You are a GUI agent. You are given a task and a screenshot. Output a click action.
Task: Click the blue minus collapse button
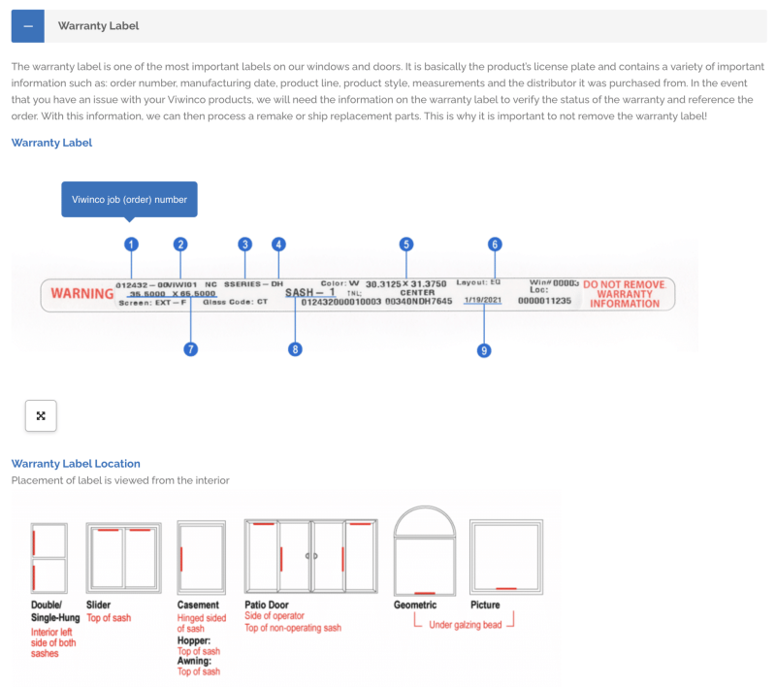coord(28,26)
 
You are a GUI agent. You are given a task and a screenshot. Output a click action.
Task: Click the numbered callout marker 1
coord(132,245)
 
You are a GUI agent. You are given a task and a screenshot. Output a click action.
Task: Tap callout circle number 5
coord(406,245)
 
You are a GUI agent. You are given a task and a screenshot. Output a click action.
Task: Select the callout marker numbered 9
coord(484,350)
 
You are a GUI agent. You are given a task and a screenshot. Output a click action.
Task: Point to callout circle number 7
coord(191,348)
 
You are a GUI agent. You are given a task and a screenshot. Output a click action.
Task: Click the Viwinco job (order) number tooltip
coord(129,200)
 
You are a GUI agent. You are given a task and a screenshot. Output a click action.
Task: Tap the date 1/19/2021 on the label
coord(482,301)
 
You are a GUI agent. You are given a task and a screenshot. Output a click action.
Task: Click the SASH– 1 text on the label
coord(309,291)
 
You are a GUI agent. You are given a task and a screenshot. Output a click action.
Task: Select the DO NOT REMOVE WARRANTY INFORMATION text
coord(624,294)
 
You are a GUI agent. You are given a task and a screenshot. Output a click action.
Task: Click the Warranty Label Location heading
coord(76,464)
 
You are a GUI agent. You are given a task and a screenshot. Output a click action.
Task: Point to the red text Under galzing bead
coord(465,625)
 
